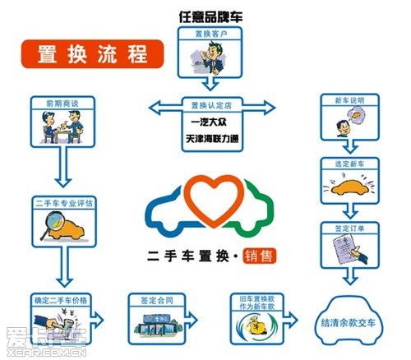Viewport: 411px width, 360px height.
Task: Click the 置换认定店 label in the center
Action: click(210, 105)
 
